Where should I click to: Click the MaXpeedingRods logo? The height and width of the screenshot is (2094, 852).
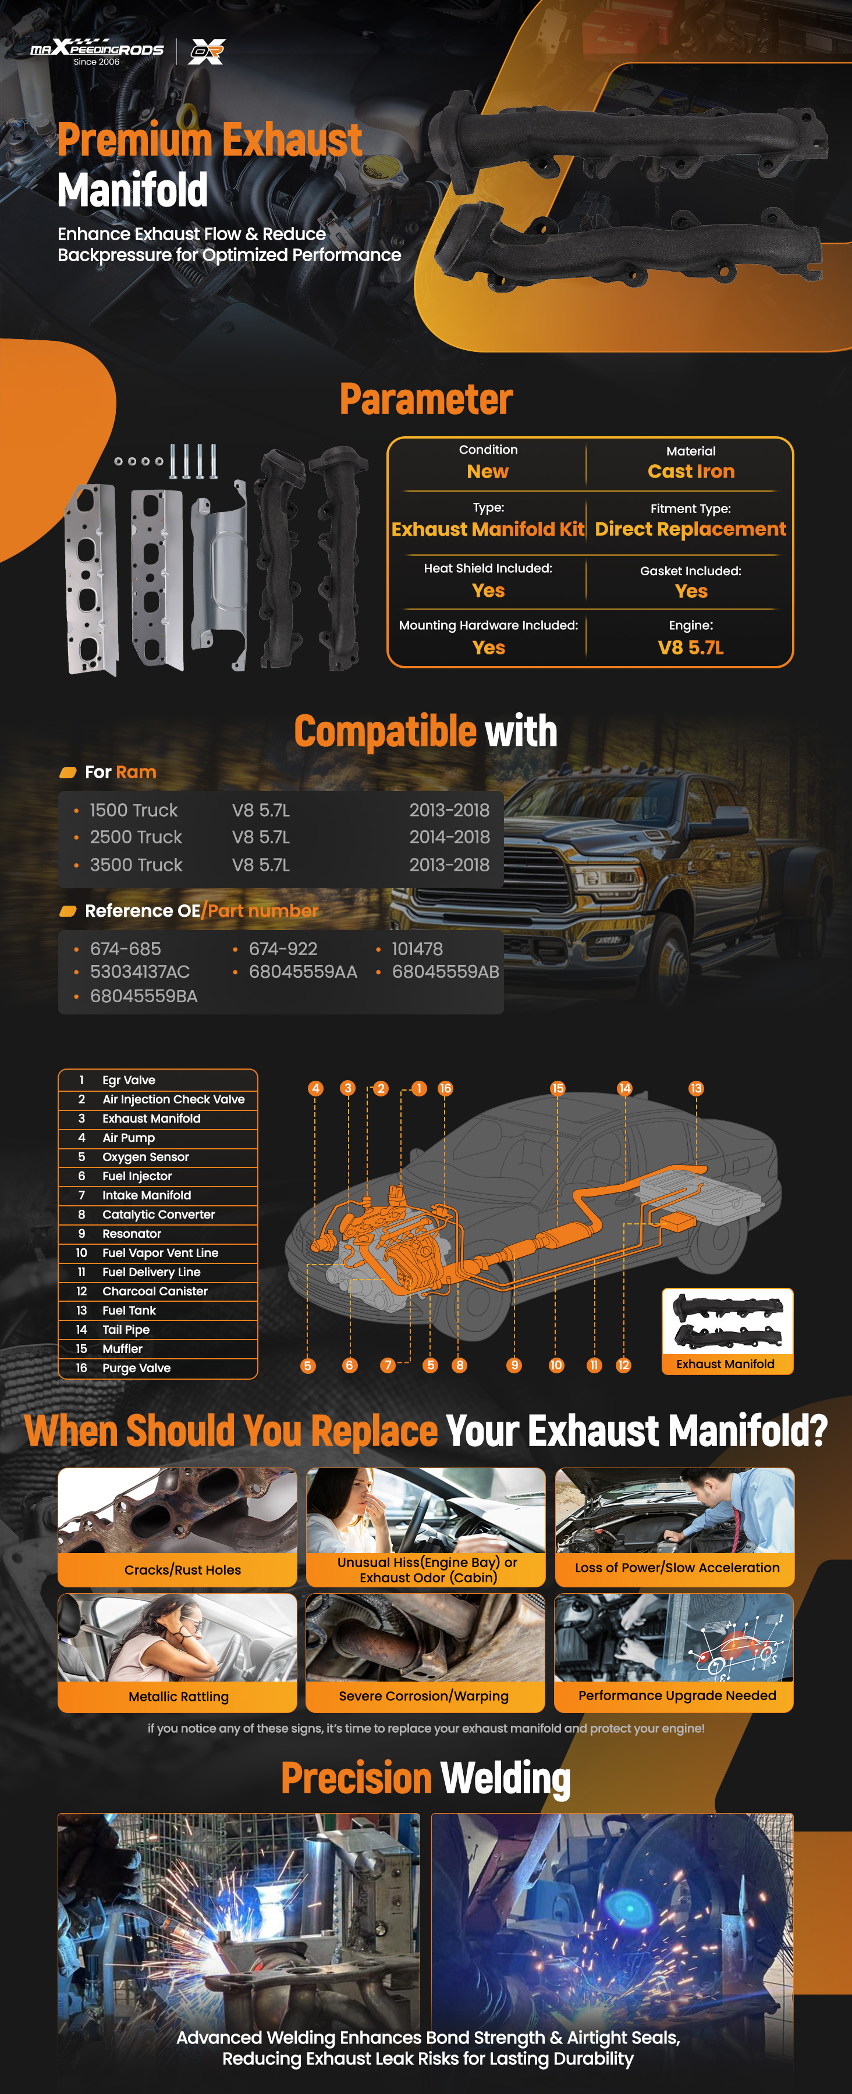point(97,51)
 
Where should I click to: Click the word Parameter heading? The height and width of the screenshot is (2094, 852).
point(426,399)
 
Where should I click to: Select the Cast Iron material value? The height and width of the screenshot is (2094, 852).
point(691,472)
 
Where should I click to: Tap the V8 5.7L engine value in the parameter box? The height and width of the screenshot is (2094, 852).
point(690,648)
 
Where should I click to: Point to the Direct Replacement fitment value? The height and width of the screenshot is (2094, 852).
point(690,529)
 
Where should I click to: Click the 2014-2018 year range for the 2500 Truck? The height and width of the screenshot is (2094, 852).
point(449,836)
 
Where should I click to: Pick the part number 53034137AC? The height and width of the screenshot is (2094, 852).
point(139,971)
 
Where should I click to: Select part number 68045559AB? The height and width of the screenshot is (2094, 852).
point(446,971)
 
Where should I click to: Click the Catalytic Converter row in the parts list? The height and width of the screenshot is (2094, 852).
point(158,1215)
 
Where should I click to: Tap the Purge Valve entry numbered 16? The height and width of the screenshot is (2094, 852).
point(158,1368)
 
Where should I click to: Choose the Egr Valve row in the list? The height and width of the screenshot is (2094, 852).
point(158,1080)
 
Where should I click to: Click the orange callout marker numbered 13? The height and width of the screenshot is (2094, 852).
point(696,1088)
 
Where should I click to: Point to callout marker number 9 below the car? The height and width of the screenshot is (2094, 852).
point(514,1366)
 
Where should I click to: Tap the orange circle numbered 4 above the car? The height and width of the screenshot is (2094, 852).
point(315,1088)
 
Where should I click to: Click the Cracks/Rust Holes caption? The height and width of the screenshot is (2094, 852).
point(182,1570)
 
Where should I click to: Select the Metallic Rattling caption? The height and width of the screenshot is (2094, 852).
point(178,1697)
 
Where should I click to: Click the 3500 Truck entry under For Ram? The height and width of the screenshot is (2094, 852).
point(136,865)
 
